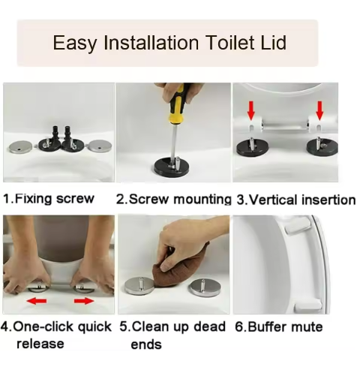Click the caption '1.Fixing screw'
click(49, 199)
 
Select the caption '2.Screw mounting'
click(173, 199)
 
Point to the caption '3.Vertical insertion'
click(295, 200)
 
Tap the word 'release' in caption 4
click(40, 344)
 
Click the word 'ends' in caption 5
click(145, 344)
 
